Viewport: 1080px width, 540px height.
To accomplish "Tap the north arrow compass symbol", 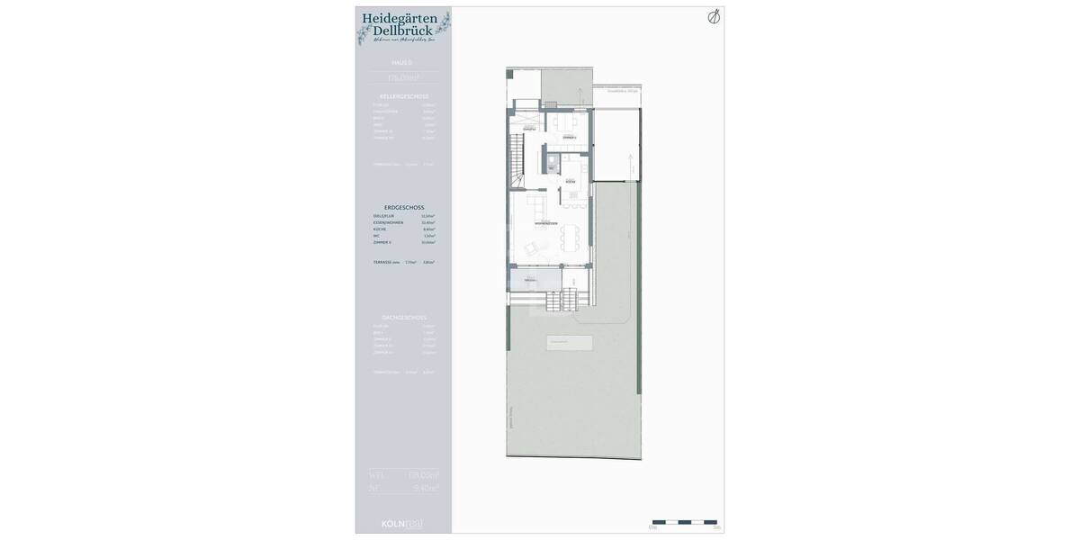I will (x=714, y=17).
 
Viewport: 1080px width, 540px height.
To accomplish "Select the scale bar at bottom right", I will (x=684, y=522).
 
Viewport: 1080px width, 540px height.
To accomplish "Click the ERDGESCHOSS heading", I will (x=404, y=207).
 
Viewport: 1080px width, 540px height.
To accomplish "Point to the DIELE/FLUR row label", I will (x=383, y=216).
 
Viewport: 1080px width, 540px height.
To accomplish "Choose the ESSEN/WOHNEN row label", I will (x=388, y=222).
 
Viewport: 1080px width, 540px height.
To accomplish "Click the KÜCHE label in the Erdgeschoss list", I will (x=380, y=229).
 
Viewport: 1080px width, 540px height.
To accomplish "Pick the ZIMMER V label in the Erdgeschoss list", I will (x=382, y=242).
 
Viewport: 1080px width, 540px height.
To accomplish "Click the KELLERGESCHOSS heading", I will (x=404, y=96).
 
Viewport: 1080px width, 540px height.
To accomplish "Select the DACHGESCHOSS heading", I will (x=404, y=318).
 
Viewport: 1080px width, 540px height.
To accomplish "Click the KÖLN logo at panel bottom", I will (x=401, y=523).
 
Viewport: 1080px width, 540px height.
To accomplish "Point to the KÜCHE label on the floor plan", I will (x=571, y=182).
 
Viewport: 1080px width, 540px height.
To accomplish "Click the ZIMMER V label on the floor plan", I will (x=570, y=137).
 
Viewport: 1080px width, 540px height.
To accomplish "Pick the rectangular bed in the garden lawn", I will (x=569, y=343).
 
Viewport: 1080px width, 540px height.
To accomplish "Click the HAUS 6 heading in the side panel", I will (x=402, y=63).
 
